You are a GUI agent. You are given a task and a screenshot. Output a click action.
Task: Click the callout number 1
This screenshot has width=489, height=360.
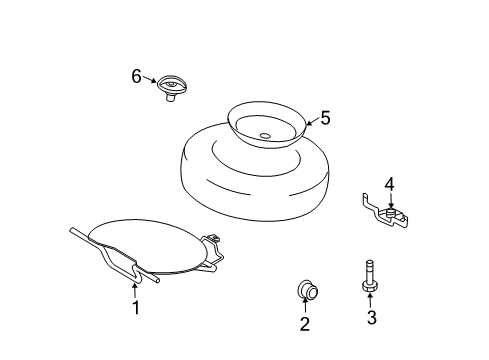pyautogui.click(x=136, y=308)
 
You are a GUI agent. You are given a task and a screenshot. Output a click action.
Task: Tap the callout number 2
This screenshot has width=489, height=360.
pyautogui.click(x=305, y=324)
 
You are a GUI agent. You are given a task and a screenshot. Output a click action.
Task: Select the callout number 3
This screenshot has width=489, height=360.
pyautogui.click(x=372, y=317)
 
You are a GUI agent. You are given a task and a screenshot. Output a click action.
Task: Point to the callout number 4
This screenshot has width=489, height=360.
pyautogui.click(x=390, y=184)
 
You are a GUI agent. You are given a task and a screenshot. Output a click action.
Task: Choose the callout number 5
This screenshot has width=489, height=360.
pyautogui.click(x=325, y=118)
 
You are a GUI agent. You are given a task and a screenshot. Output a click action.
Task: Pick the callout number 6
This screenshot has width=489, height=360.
pyautogui.click(x=136, y=76)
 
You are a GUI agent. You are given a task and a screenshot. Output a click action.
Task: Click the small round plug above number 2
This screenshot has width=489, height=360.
pyautogui.click(x=307, y=291)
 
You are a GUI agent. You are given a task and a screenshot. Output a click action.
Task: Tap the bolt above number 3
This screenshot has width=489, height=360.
pyautogui.click(x=370, y=276)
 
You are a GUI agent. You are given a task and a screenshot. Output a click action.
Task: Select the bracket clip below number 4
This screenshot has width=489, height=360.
pyautogui.click(x=386, y=211)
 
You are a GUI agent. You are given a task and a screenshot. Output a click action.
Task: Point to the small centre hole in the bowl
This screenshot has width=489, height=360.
pyautogui.click(x=265, y=136)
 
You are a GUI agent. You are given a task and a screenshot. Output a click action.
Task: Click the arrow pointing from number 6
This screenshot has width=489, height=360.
pyautogui.click(x=149, y=79)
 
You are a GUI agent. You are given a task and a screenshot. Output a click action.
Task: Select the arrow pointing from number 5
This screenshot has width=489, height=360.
pyautogui.click(x=313, y=122)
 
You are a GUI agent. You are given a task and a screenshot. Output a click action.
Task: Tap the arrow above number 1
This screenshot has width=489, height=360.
pyautogui.click(x=135, y=291)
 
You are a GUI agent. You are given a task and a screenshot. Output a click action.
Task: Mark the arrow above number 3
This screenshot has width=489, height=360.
pyautogui.click(x=370, y=300)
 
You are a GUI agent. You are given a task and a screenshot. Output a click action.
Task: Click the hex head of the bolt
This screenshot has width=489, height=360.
pyautogui.click(x=370, y=287)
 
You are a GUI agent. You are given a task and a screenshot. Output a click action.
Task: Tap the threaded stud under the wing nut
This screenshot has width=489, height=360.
pyautogui.click(x=170, y=98)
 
